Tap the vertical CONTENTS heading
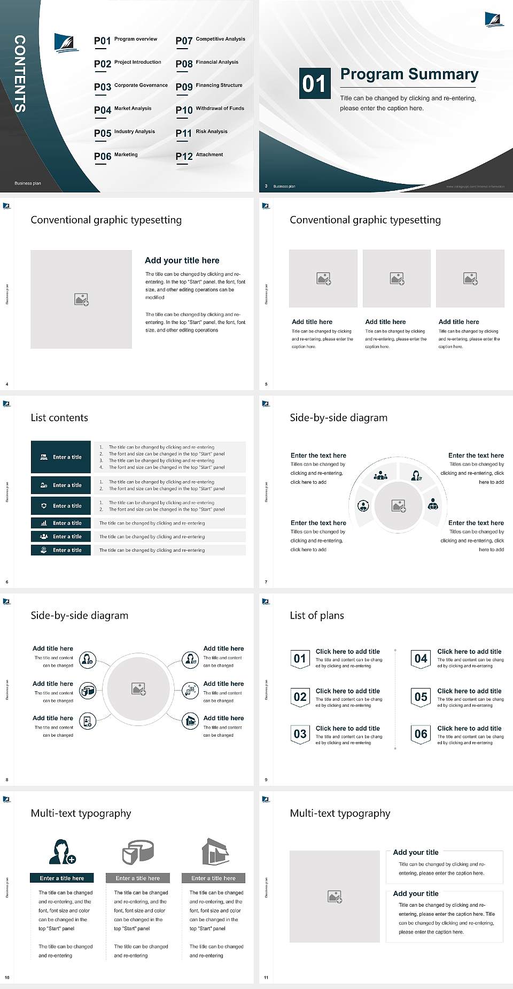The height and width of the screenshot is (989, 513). pos(19,74)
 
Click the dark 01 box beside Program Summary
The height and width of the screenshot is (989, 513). pos(314,83)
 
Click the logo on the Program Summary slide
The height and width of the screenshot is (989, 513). pos(494,19)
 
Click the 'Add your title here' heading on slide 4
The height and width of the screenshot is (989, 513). pos(182,260)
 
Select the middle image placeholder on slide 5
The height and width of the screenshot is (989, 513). pos(397,279)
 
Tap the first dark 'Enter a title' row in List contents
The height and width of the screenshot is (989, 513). pos(61,457)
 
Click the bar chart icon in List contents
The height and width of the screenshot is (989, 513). pos(44,523)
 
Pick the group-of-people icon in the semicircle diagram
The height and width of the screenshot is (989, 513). pos(380,475)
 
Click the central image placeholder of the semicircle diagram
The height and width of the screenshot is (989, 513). pos(398,506)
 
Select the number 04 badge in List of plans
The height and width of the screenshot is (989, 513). pos(421,659)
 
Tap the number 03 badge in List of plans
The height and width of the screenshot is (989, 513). pos(300,734)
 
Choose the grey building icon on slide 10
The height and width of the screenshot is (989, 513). pos(215,851)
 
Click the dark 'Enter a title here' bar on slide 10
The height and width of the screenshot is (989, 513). pos(61,878)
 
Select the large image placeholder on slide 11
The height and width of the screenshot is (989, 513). pos(335,897)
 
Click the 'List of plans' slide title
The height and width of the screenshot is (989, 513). pos(317,615)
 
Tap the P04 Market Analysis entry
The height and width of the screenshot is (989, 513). pos(123,110)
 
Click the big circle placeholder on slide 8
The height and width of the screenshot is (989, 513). pos(139,689)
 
